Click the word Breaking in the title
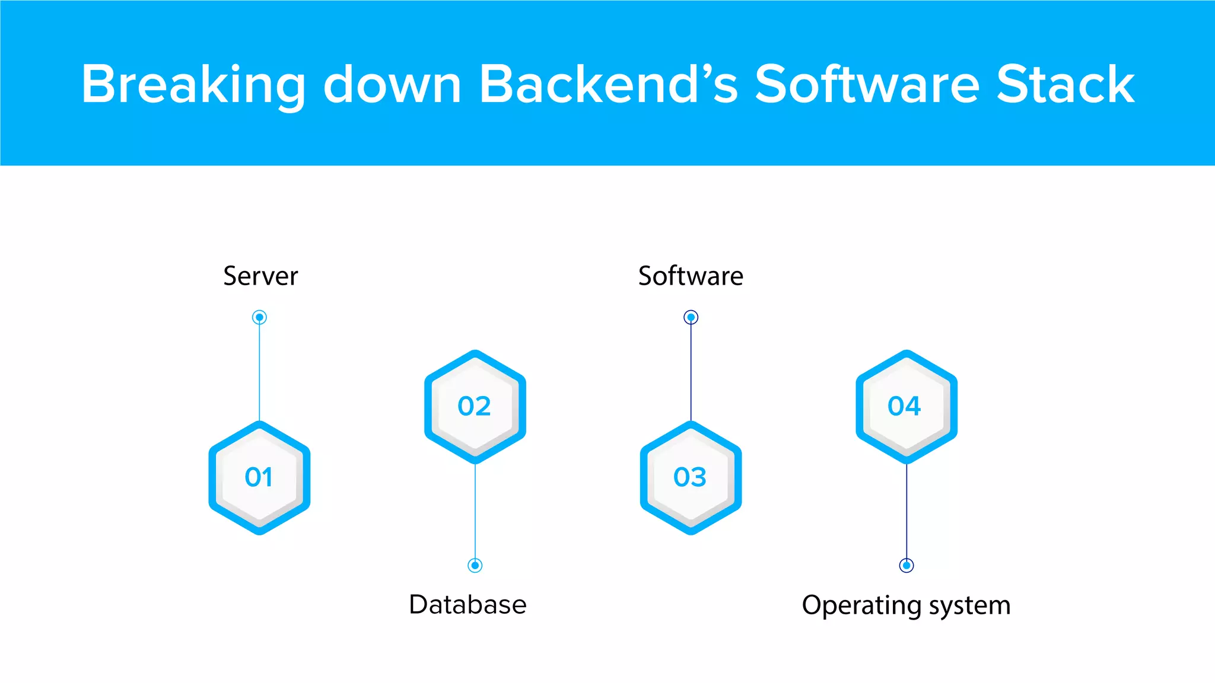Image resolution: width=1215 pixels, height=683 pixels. click(193, 85)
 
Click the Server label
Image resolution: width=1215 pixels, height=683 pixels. click(260, 276)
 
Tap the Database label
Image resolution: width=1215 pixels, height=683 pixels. click(467, 605)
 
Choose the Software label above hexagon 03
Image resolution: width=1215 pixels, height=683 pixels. click(691, 276)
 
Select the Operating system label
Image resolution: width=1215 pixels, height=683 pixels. click(906, 606)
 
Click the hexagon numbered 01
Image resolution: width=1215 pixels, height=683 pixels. click(259, 478)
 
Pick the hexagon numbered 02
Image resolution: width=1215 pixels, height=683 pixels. click(475, 407)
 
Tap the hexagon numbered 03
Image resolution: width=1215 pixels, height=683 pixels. click(691, 478)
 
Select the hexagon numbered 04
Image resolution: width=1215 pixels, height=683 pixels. click(906, 407)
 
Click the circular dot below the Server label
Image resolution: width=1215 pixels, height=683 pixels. click(259, 317)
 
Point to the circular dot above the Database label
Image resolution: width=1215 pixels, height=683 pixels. click(475, 565)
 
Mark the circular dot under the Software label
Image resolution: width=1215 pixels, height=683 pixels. click(691, 317)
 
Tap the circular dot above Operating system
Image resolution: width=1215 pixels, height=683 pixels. click(906, 565)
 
